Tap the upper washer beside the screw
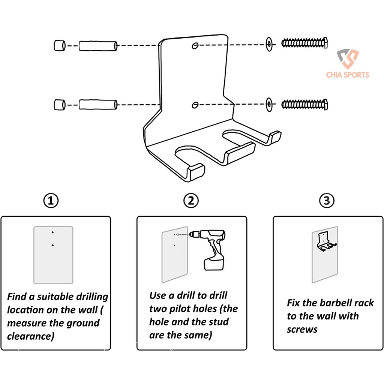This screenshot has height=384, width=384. (269, 44)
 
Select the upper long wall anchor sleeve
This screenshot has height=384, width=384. (98, 46)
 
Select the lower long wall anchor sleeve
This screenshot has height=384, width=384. (98, 104)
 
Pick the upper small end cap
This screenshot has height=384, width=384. (59, 45)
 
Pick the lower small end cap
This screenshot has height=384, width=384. (59, 105)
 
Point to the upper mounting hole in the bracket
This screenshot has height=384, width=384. (195, 45)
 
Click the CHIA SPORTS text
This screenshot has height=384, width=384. (348, 75)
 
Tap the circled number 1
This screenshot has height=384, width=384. (51, 201)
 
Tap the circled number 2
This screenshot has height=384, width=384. (191, 201)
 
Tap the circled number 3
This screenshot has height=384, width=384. (327, 201)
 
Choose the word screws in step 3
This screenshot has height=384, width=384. (302, 329)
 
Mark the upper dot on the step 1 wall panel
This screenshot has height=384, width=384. (53, 232)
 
